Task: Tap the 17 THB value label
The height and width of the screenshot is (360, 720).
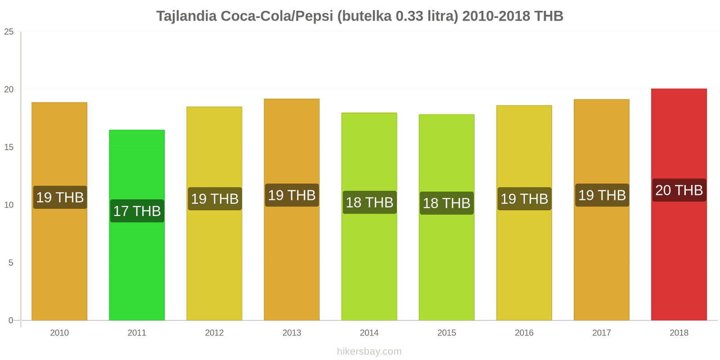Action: tap(137, 211)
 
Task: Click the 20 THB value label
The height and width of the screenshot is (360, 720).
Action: tap(679, 190)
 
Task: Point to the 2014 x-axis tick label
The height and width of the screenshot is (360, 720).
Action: tap(369, 333)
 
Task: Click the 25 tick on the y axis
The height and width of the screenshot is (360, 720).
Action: tap(9, 32)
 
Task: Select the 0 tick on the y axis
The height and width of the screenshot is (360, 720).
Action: tap(11, 320)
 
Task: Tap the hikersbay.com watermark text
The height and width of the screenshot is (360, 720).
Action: tap(369, 351)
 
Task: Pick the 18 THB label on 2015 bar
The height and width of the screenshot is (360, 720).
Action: tap(446, 203)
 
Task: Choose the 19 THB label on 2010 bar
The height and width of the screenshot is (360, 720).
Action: tap(60, 198)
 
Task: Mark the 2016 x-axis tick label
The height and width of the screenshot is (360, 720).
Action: tap(524, 333)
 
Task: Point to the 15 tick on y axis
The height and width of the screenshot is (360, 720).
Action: tap(9, 147)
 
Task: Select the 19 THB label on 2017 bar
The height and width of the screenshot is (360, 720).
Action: tap(602, 195)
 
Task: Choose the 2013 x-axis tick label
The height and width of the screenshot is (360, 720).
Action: tap(292, 333)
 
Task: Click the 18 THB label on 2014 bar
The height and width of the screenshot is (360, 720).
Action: tap(369, 202)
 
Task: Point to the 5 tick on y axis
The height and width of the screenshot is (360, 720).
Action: tap(11, 263)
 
